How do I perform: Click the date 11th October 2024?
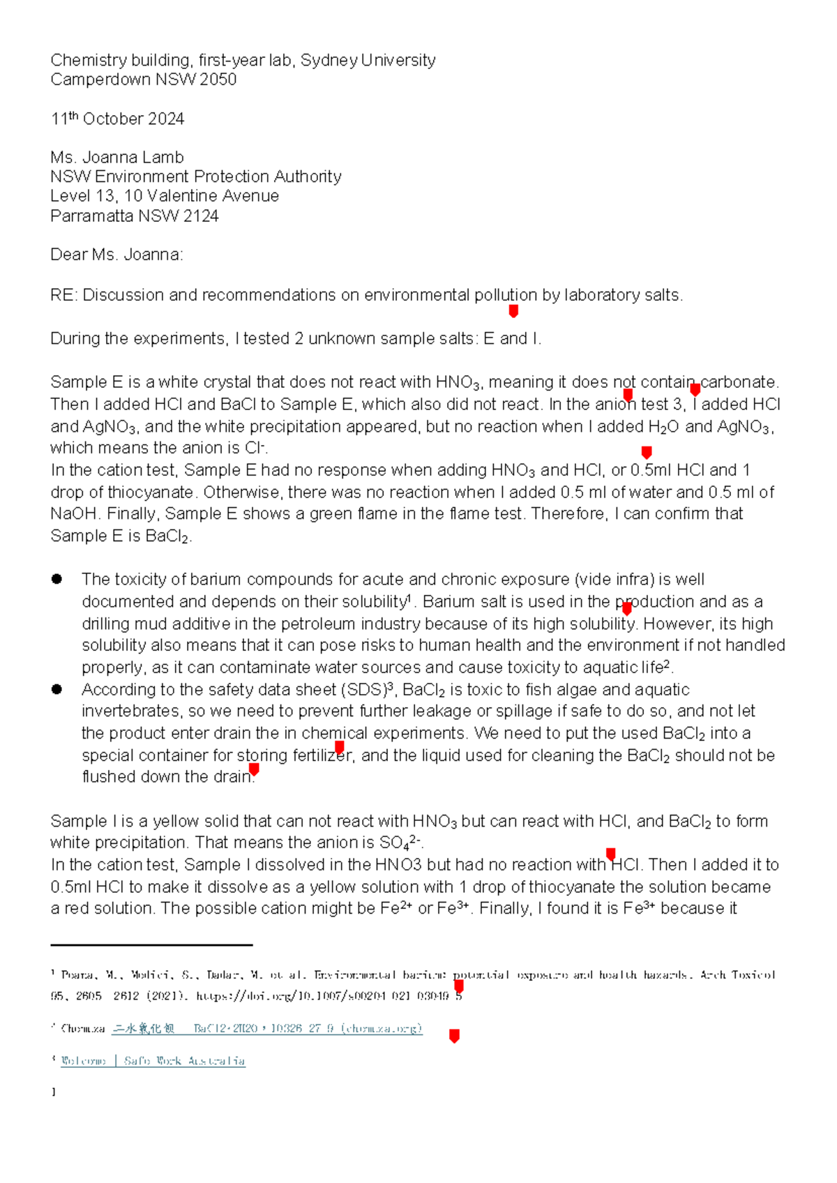117,119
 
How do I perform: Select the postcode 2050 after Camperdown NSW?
218,80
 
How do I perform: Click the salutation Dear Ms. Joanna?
116,255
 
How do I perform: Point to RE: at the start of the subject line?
63,295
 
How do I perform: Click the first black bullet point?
57,579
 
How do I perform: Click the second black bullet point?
57,689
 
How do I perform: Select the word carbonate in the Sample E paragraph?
739,382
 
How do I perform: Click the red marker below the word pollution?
513,311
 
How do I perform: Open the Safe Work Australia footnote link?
153,1061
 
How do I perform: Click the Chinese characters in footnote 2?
144,1028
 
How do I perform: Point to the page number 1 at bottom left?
53,1092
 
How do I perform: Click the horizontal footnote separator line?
151,945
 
